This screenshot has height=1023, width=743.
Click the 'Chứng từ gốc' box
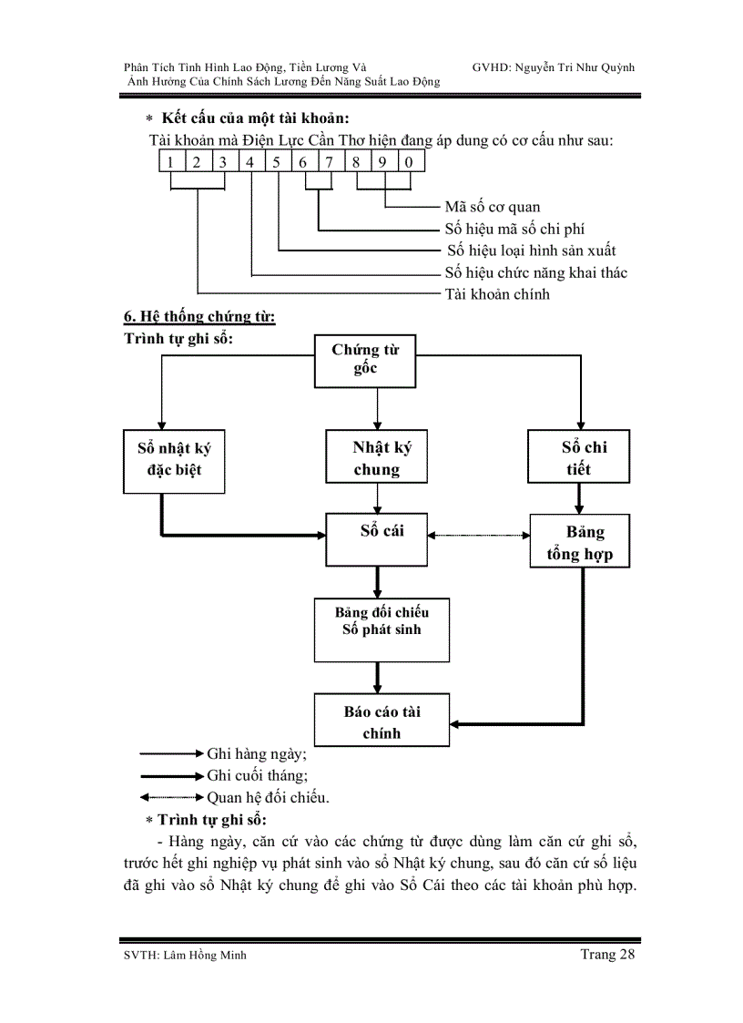pyautogui.click(x=365, y=360)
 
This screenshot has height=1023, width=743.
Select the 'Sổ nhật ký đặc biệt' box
pyautogui.click(x=174, y=460)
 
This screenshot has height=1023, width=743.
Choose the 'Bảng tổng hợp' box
pyautogui.click(x=579, y=543)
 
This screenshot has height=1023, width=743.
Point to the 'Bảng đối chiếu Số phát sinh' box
pyautogui.click(x=382, y=629)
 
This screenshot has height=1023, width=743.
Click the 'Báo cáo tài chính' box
pyautogui.click(x=382, y=721)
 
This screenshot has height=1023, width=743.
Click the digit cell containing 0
pyautogui.click(x=411, y=162)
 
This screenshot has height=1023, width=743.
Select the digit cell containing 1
pyautogui.click(x=170, y=162)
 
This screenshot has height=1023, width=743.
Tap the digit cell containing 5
pyautogui.click(x=277, y=162)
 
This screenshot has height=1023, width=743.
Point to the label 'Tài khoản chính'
pyautogui.click(x=497, y=294)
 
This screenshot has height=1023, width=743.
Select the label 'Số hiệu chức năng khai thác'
pyautogui.click(x=535, y=272)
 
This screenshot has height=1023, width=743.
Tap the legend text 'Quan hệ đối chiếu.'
pyautogui.click(x=268, y=797)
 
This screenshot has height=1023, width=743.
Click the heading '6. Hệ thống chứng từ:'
pyautogui.click(x=199, y=317)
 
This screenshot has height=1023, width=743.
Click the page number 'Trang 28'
pyautogui.click(x=606, y=954)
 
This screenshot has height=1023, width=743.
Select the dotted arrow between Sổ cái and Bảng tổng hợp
pyautogui.click(x=480, y=536)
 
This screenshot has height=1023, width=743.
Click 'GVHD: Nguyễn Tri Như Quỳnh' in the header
pyautogui.click(x=554, y=67)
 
